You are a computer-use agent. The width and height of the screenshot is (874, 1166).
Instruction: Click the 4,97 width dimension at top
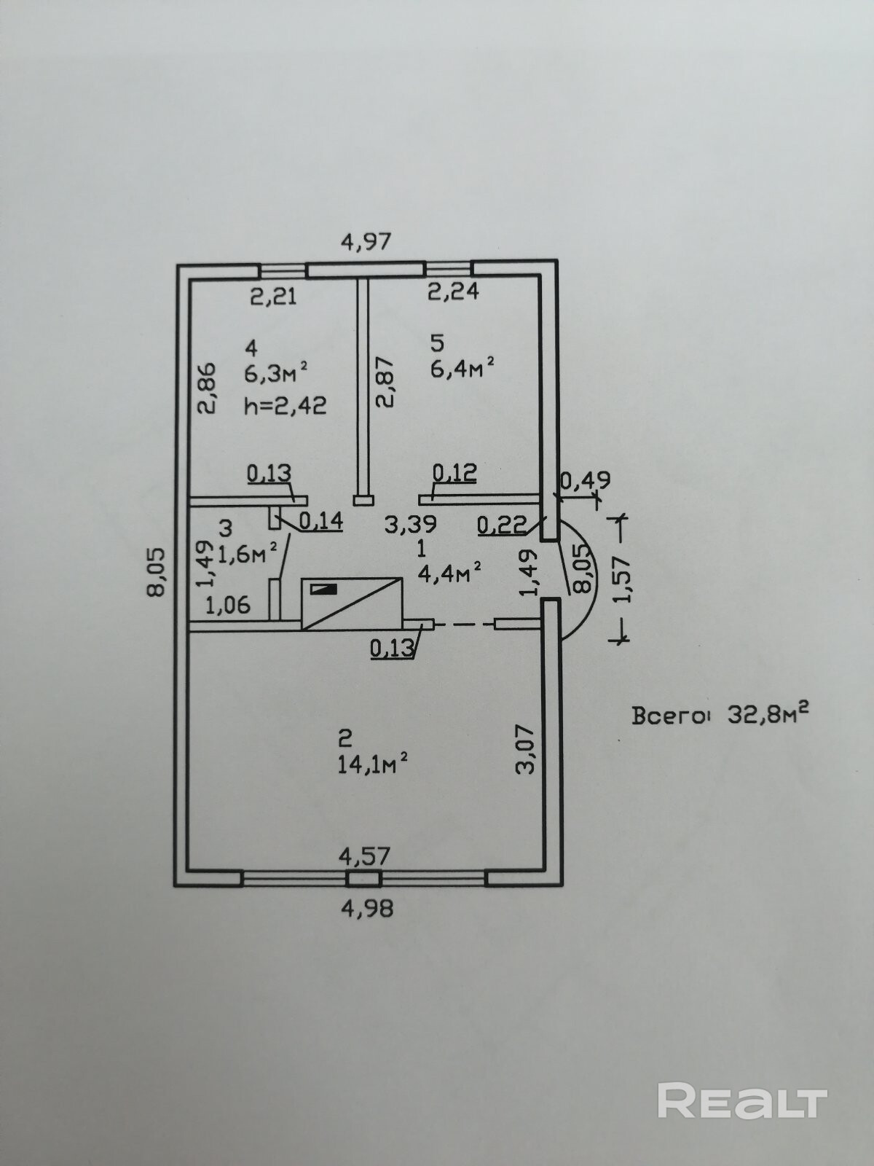(x=366, y=241)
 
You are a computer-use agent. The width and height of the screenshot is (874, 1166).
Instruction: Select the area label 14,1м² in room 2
(x=371, y=764)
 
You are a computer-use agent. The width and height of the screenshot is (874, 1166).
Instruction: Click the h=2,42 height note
(x=286, y=404)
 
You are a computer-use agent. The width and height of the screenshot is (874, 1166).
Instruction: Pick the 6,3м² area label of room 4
(x=276, y=374)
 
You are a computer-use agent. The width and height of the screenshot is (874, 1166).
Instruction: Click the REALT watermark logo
(x=743, y=1101)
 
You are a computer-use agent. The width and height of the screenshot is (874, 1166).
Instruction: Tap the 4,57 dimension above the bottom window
(x=364, y=855)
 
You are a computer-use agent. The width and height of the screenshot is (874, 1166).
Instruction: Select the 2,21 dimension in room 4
(x=273, y=296)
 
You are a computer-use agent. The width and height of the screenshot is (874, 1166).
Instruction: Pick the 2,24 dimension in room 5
(x=452, y=291)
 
